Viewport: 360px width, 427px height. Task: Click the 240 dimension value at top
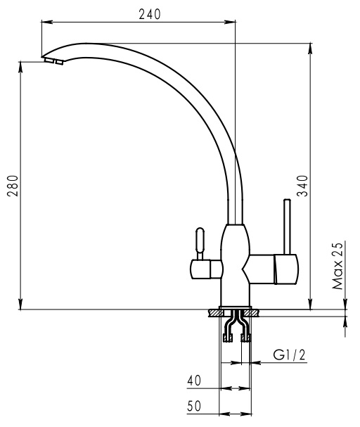[x=150, y=15]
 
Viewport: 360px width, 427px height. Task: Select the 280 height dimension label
[x=13, y=186]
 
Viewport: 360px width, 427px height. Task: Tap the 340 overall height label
[x=302, y=186]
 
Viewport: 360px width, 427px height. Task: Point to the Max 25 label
[x=337, y=266]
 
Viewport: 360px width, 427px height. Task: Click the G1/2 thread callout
[x=289, y=355]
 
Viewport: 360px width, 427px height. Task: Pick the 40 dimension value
[x=194, y=381]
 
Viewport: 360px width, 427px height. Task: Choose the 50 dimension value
[x=194, y=406]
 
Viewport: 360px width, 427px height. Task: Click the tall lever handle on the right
[x=287, y=227]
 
